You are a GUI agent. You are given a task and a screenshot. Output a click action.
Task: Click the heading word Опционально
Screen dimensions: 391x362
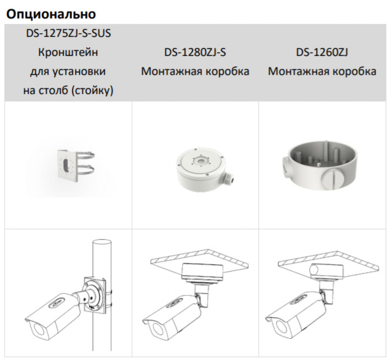click(x=51, y=14)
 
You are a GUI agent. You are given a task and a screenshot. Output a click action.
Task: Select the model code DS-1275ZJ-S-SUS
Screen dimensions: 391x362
click(x=68, y=33)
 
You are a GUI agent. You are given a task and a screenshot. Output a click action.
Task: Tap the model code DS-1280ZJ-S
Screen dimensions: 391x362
click(x=195, y=52)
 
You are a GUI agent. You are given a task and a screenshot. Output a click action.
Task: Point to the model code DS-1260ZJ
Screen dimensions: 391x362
click(x=322, y=52)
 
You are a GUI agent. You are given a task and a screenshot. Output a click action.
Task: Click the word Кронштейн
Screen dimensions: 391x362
click(x=68, y=52)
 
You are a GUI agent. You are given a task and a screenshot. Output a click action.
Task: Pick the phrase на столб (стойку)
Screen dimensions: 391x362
click(x=68, y=90)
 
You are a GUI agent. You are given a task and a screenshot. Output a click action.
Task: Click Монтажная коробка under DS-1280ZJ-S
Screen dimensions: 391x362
click(x=195, y=71)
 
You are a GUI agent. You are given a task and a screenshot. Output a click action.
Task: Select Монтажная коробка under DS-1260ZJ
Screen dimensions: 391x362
click(x=322, y=71)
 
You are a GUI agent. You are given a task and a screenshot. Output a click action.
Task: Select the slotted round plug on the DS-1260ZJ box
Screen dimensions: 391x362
click(x=334, y=178)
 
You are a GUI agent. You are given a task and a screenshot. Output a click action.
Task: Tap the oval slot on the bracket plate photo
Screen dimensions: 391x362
click(x=66, y=165)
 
